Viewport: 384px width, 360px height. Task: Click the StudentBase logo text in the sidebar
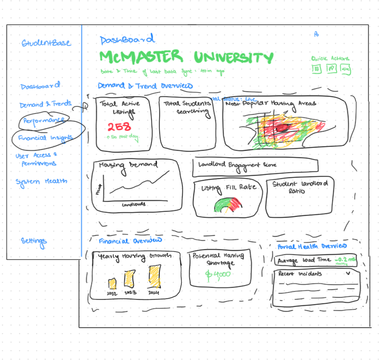(46, 43)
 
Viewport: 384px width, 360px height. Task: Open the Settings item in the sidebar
(34, 241)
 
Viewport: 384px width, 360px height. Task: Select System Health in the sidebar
(41, 181)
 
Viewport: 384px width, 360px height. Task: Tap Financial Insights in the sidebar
(45, 137)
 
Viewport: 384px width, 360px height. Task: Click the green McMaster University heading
(187, 58)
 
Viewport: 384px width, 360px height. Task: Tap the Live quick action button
(346, 69)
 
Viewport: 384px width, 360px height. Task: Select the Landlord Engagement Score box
(249, 167)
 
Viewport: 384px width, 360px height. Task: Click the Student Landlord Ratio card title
(300, 187)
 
